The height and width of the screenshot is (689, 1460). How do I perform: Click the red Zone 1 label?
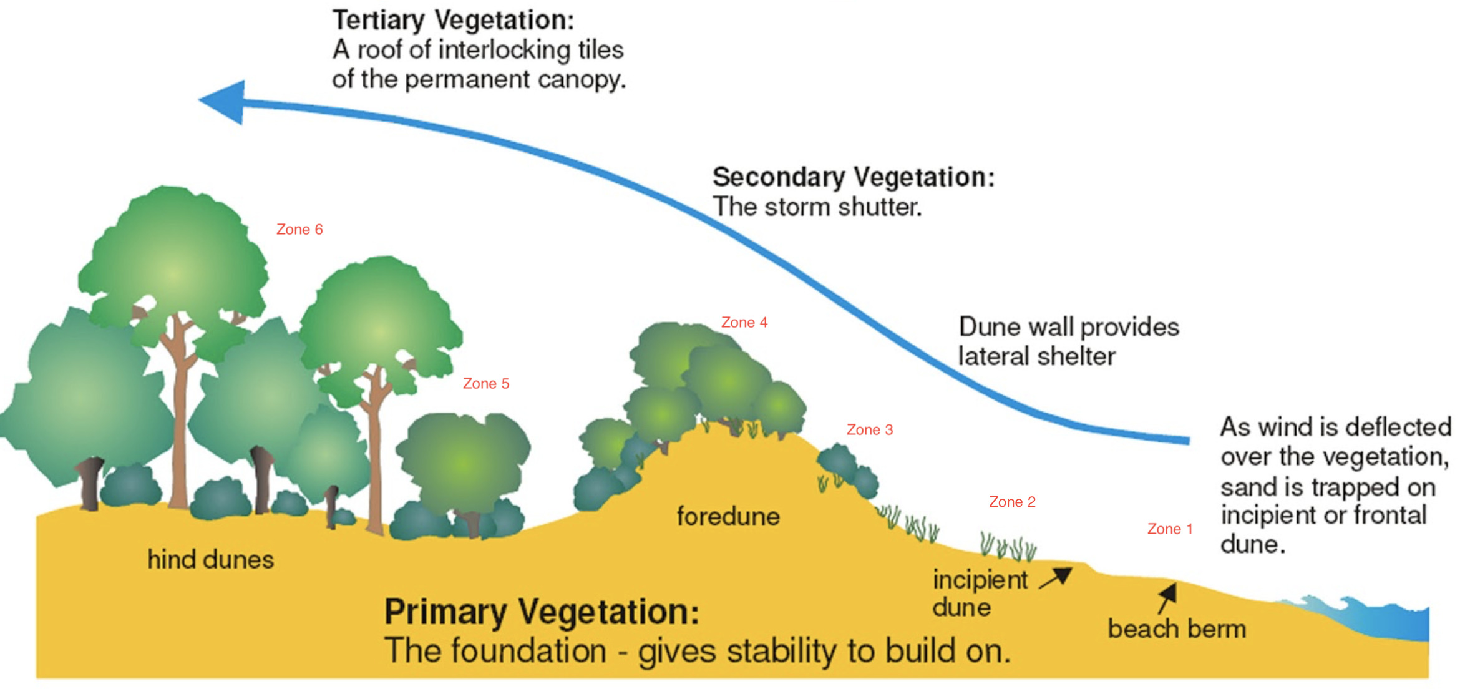coord(1170,529)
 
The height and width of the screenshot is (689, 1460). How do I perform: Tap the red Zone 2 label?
coord(1012,502)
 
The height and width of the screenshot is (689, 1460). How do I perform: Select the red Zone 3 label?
coord(869,430)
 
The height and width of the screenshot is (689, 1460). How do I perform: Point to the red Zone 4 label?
coord(744,323)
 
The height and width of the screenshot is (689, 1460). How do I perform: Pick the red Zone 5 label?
coord(485,384)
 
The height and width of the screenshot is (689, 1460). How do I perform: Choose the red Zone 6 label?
coord(299,230)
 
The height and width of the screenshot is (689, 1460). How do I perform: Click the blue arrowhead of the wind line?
coord(223,102)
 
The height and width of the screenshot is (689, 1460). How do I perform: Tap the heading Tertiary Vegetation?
coord(453,20)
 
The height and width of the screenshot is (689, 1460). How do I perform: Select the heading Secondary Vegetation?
coord(853,177)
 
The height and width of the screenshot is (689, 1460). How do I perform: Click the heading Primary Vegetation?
coord(541,612)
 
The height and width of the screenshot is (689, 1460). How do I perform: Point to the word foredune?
coord(728,517)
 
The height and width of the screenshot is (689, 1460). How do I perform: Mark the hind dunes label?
coord(210,560)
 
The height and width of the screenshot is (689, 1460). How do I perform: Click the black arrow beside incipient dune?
coord(1056,578)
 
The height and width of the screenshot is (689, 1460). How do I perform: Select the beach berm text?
coord(1177,629)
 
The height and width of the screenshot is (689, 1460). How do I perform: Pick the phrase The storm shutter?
coord(817,207)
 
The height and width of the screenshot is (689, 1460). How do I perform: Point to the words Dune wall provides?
coord(1068,327)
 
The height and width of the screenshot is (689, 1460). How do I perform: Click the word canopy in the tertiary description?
coord(583,80)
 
